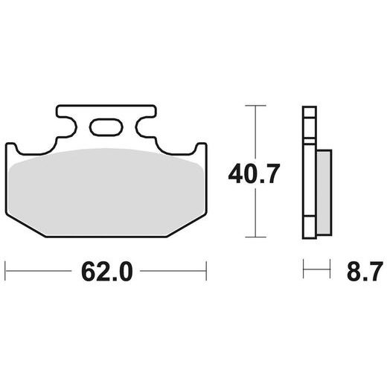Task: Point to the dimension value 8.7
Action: [356, 272]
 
